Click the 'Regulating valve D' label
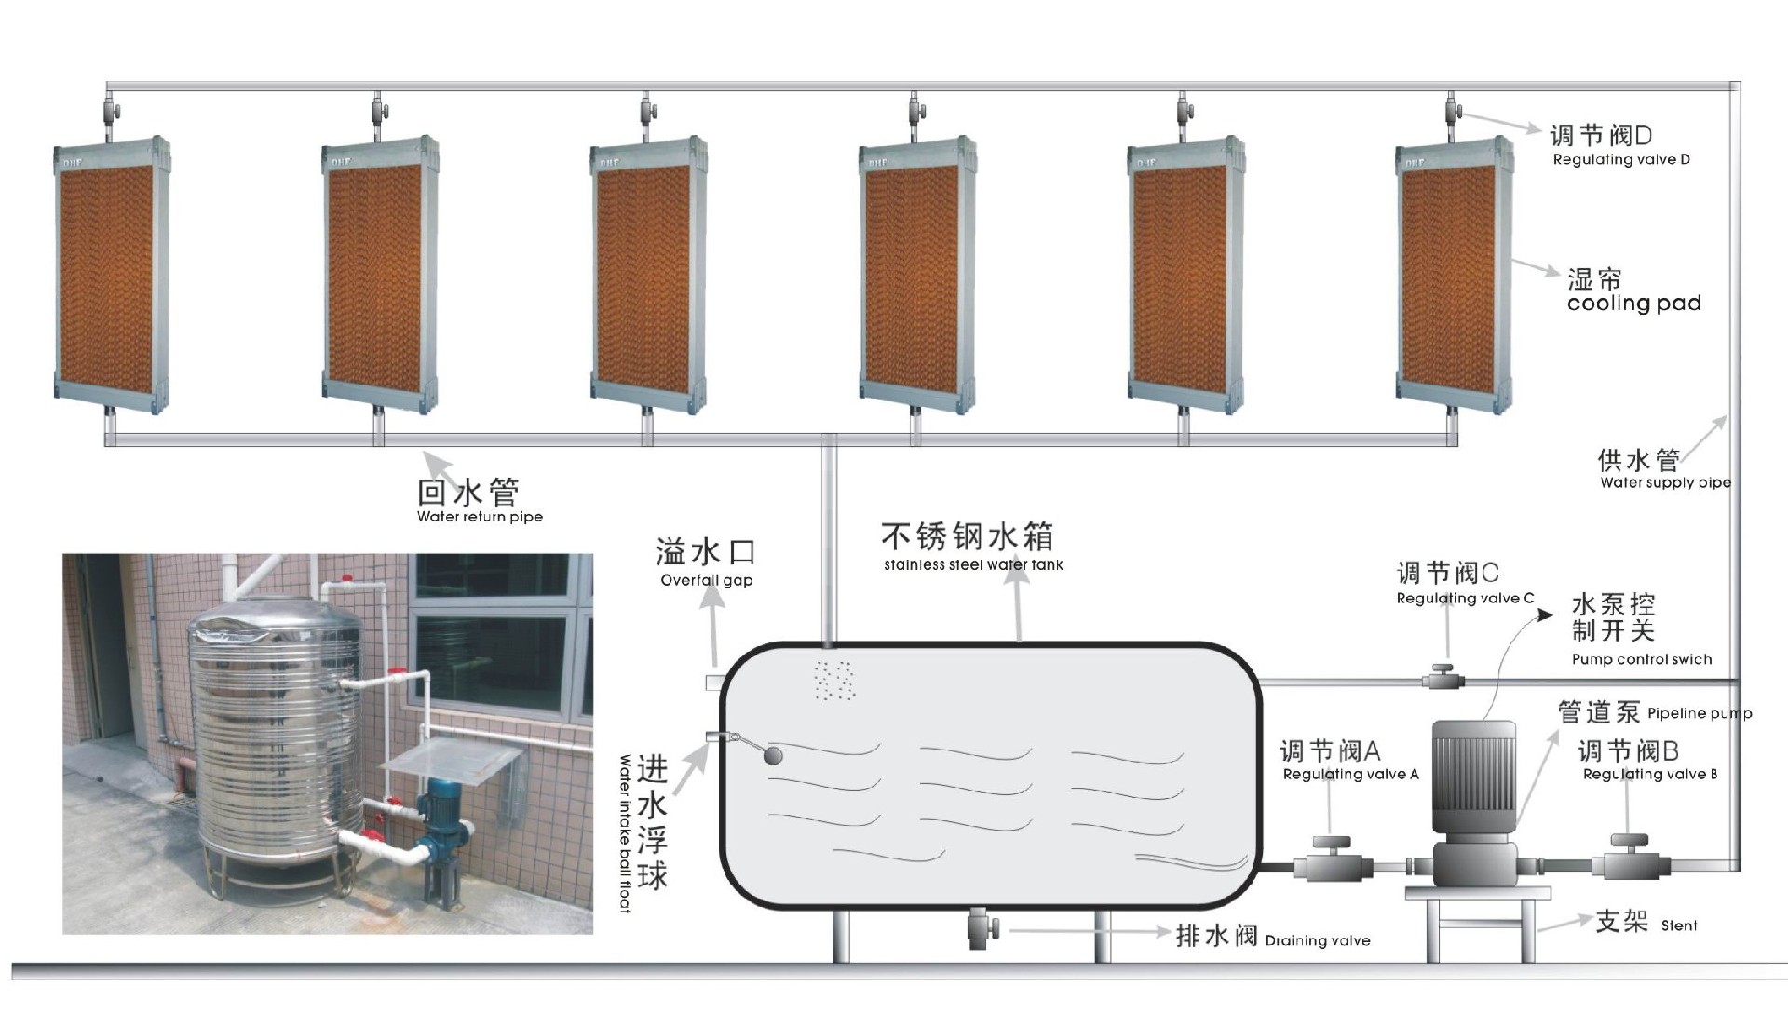click(x=1621, y=159)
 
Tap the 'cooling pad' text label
click(x=1633, y=303)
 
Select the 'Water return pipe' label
click(x=480, y=517)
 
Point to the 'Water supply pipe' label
click(x=1666, y=482)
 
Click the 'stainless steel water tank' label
click(x=973, y=564)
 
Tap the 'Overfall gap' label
click(x=706, y=580)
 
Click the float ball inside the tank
click(x=773, y=754)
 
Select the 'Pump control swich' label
click(x=1642, y=659)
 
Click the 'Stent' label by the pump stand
click(x=1679, y=926)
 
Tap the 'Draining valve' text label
click(x=1318, y=940)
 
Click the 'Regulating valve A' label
click(x=1350, y=774)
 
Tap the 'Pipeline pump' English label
click(x=1700, y=714)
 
